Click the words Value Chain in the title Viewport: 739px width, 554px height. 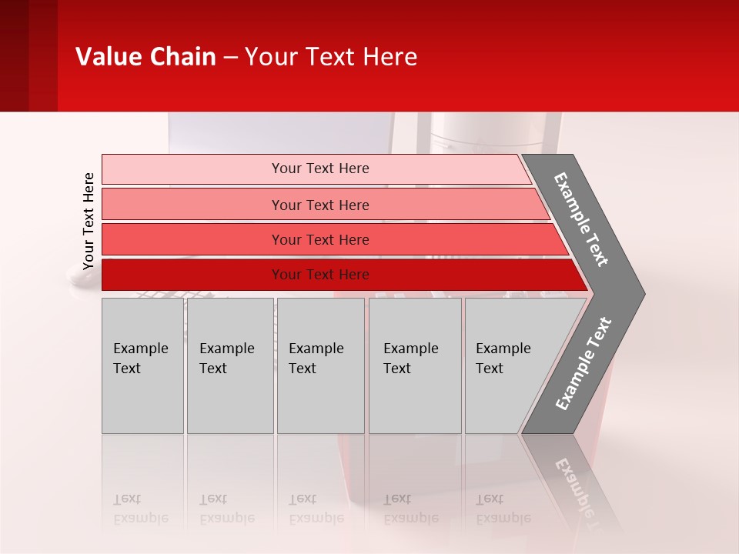(145, 57)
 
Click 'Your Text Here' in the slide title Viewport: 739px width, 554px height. (331, 57)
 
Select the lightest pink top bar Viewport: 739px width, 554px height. (192, 169)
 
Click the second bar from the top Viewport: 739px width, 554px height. (192, 205)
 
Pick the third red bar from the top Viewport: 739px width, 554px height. (192, 239)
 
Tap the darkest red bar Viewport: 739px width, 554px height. (192, 275)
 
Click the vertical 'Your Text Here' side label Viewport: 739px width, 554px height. (89, 221)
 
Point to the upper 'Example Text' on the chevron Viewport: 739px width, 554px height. (581, 219)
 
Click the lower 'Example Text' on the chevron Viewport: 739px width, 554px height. (584, 364)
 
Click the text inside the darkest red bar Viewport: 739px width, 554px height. (320, 275)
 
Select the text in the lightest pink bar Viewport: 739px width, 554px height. (320, 169)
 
